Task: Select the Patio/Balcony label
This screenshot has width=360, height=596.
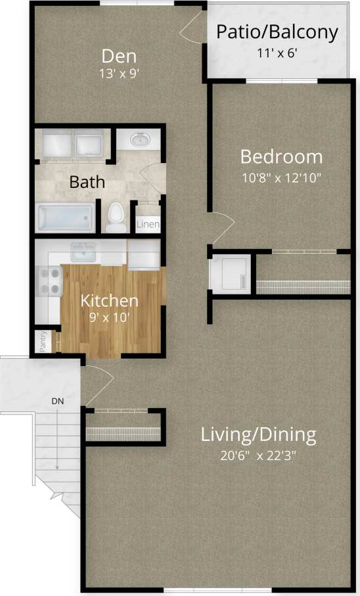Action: [277, 32]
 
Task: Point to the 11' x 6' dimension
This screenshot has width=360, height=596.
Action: [277, 53]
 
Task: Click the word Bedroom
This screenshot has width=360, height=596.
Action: [281, 157]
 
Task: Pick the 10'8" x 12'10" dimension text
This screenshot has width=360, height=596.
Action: [281, 177]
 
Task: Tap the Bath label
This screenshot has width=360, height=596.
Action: [87, 181]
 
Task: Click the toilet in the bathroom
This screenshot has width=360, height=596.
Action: [116, 218]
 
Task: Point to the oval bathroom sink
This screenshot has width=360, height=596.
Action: [140, 140]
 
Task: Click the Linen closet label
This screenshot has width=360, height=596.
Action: [148, 225]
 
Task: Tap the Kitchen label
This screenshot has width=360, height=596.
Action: [109, 301]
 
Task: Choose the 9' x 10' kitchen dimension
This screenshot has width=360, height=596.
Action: [109, 317]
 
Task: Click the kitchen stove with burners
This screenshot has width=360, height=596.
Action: [48, 281]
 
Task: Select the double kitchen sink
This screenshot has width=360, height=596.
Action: [83, 250]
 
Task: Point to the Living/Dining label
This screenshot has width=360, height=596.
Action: [258, 434]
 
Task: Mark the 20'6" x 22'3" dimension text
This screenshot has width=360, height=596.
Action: [258, 455]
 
